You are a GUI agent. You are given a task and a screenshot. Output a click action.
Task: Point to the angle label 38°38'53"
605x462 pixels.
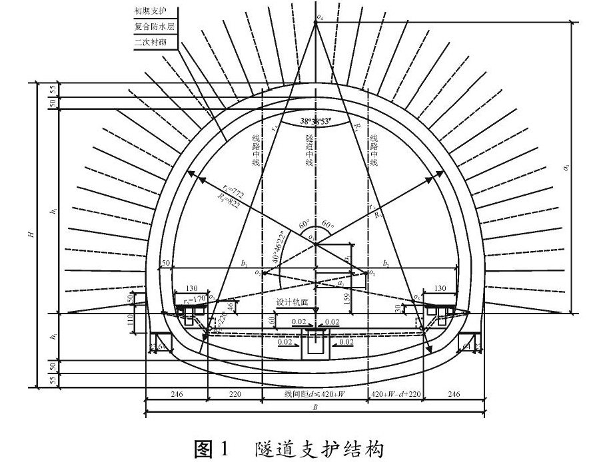tap(316, 123)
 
